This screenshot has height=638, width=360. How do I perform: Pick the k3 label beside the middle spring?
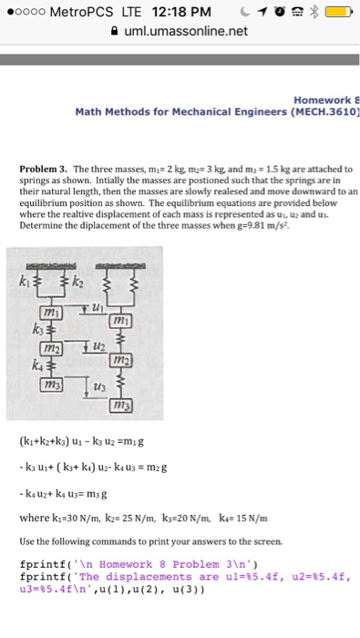(37, 326)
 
